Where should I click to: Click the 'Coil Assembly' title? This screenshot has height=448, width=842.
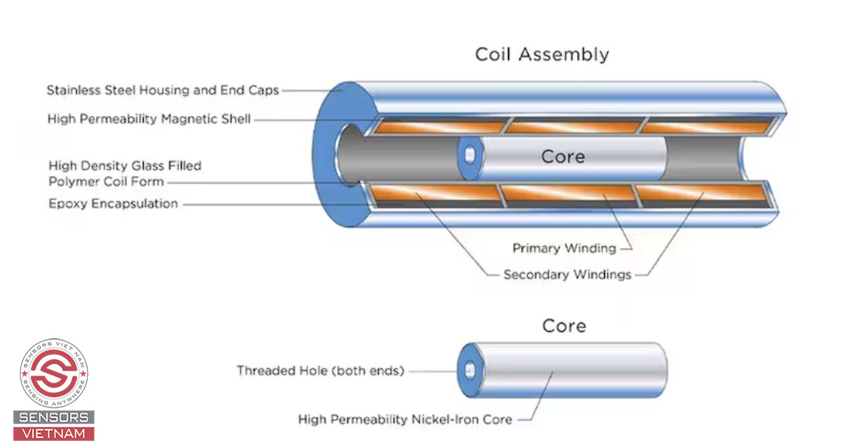541,55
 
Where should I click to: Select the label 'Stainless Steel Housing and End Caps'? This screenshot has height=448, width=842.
162,90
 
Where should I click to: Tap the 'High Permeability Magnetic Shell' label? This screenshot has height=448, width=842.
149,119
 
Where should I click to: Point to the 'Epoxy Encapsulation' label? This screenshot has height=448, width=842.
113,204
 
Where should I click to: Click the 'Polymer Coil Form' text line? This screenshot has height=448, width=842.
106,182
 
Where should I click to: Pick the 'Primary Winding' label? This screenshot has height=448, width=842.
564,248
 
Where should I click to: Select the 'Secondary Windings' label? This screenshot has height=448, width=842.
567,274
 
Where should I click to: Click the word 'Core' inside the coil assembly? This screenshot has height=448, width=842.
563,156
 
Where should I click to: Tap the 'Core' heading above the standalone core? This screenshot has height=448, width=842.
564,326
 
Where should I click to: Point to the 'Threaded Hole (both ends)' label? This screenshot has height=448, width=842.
320,370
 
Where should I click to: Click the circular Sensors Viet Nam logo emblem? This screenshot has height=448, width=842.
54,374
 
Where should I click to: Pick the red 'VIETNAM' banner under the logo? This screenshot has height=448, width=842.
54,433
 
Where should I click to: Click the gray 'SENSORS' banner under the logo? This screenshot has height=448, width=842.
54,418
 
